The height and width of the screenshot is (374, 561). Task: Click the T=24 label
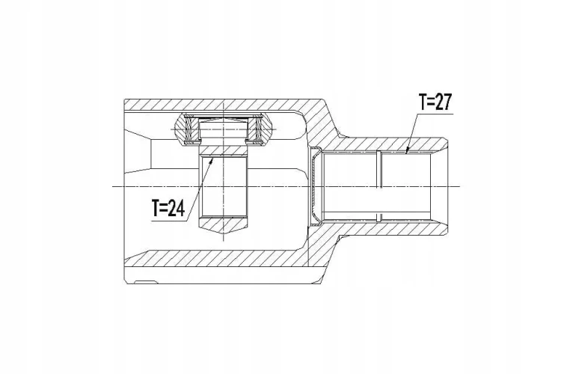click(168, 208)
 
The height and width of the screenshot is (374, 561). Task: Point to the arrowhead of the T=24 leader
click(212, 160)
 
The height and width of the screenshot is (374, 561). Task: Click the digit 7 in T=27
click(447, 102)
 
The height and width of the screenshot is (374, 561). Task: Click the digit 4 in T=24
click(180, 208)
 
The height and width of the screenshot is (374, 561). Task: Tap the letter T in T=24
click(156, 208)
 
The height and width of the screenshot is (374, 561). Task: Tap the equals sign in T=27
click(429, 102)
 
